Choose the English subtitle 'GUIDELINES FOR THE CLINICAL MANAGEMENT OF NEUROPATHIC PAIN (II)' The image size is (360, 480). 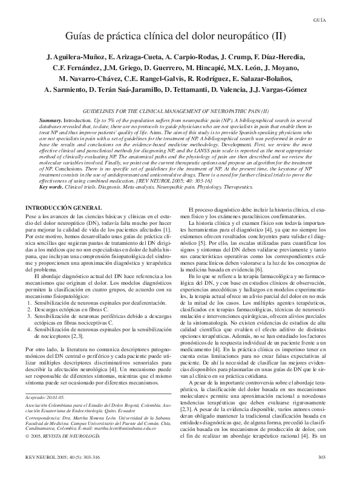click(x=179, y=112)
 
